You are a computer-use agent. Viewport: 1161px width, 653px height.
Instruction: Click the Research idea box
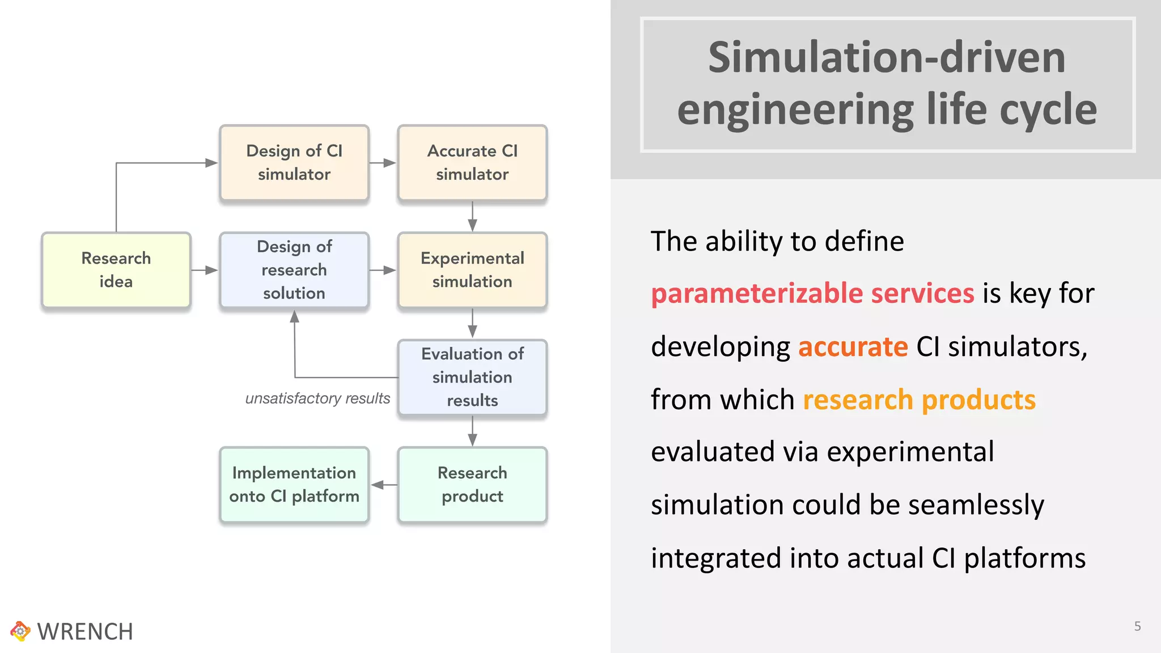tap(116, 270)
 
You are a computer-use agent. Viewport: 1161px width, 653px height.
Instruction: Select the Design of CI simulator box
tap(294, 163)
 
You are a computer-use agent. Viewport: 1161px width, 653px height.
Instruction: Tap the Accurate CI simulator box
tap(472, 163)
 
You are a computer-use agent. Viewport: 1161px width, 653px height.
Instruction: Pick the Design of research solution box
tap(294, 270)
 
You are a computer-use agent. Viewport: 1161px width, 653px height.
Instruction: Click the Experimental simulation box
tap(472, 270)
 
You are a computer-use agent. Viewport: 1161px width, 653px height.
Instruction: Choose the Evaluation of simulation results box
tap(472, 377)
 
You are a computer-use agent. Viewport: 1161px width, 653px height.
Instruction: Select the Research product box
tap(472, 485)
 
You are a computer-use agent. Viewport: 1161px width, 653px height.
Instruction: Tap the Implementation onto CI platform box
tap(294, 485)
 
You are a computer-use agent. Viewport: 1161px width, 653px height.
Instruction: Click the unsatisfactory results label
tap(317, 398)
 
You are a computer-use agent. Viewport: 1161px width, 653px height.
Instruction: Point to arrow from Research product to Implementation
tap(384, 485)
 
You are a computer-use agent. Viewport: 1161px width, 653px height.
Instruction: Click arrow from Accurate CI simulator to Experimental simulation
tap(472, 217)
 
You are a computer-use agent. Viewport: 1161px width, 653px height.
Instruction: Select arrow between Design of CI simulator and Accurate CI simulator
tap(383, 163)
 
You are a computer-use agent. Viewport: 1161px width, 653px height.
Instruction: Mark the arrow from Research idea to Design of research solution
tap(205, 270)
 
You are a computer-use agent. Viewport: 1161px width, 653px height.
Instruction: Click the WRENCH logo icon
tap(20, 631)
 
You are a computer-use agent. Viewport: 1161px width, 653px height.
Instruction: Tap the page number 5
tap(1137, 626)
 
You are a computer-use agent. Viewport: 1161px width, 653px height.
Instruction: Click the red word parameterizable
tap(757, 294)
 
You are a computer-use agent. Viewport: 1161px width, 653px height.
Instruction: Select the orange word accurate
tap(853, 346)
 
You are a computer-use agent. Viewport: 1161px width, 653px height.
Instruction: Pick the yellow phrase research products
tap(919, 400)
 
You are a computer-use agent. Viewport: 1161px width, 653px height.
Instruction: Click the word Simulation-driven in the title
tap(887, 58)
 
